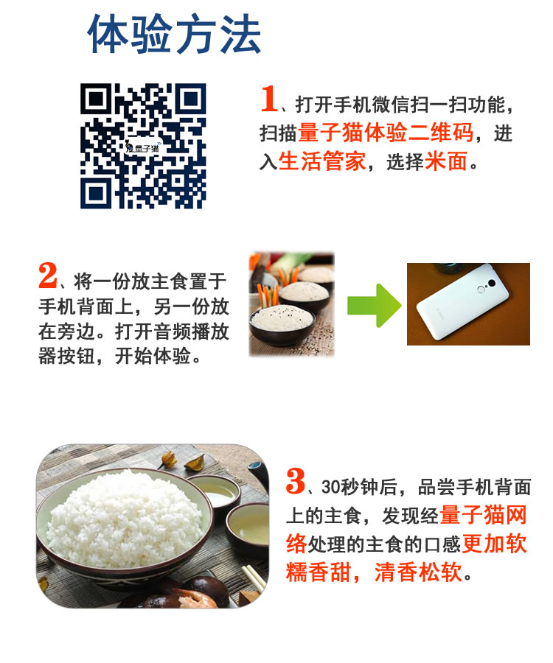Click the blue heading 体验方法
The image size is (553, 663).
[x=174, y=34]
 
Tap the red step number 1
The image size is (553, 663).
[x=269, y=99]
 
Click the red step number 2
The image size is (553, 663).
[x=47, y=276]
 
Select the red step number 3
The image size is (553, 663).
[x=295, y=481]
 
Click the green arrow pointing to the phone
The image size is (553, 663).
[x=374, y=305]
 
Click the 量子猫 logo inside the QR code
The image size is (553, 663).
[x=142, y=147]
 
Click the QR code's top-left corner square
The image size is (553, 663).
[x=97, y=99]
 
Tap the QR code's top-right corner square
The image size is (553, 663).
[x=190, y=99]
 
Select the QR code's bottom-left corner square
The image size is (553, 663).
[x=97, y=193]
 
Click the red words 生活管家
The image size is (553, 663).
[x=322, y=161]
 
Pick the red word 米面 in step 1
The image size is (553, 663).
[x=446, y=161]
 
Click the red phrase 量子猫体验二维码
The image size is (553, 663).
[x=386, y=133]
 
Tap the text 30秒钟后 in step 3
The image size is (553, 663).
[x=359, y=487]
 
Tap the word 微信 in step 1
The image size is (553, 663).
[x=391, y=105]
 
